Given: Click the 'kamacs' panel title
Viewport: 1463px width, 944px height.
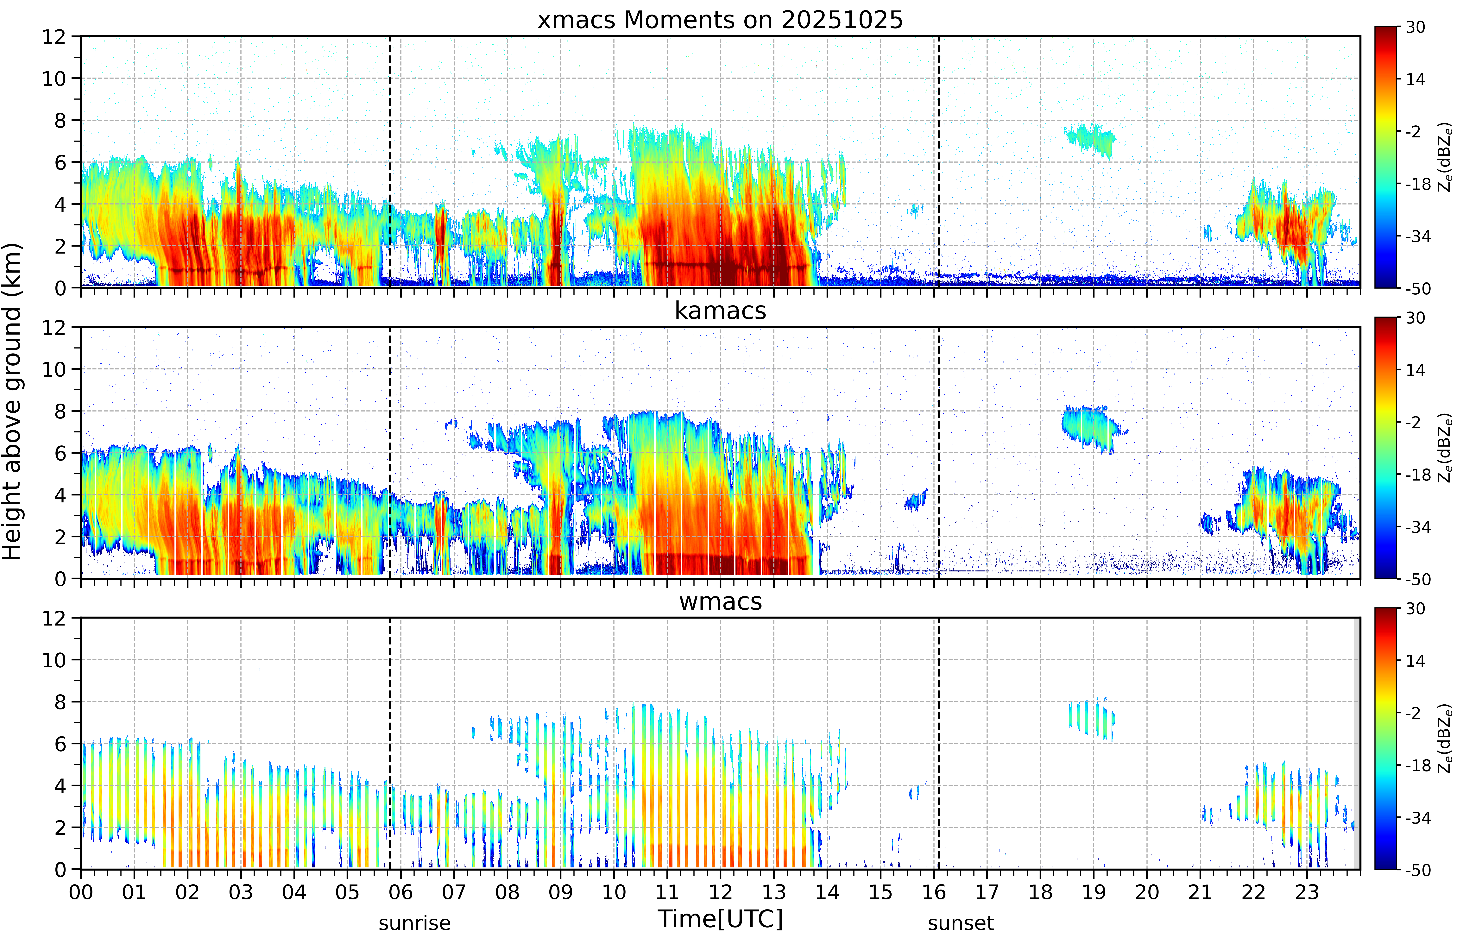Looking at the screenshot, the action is click(720, 311).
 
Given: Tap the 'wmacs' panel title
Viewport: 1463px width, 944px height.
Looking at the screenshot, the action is click(720, 601).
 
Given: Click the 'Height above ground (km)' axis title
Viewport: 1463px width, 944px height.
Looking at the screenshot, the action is click(12, 401).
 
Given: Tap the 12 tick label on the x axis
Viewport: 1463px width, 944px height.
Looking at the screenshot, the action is click(720, 892).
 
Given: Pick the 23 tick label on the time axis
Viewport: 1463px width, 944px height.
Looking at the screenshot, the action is click(1307, 892).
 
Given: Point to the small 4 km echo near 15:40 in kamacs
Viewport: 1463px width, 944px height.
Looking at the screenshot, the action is click(916, 500).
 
